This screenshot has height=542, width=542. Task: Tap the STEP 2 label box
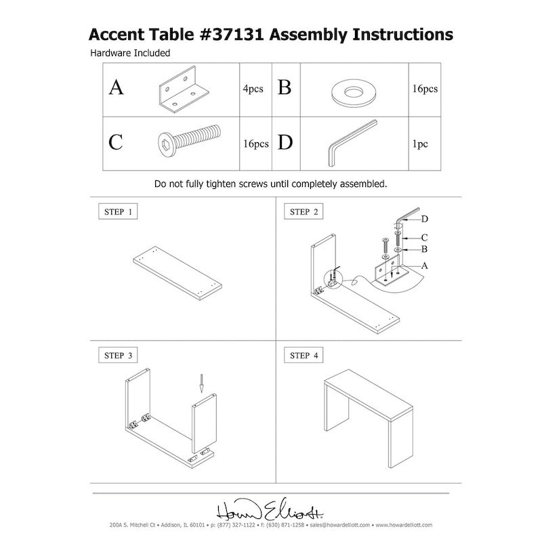point(304,211)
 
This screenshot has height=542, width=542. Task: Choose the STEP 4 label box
point(304,354)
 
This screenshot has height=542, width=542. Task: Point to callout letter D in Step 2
point(424,219)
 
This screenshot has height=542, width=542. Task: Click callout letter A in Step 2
point(424,266)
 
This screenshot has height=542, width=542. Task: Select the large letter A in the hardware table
point(117,89)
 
